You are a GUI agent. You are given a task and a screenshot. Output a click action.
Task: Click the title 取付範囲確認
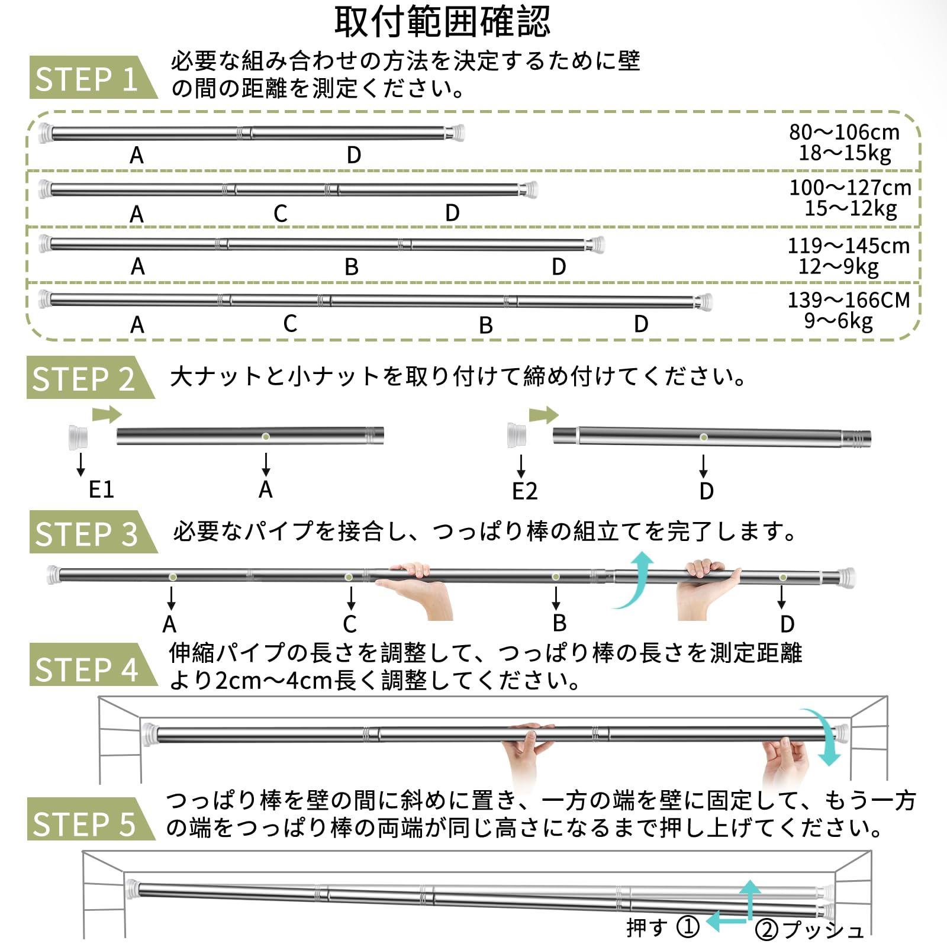(442, 22)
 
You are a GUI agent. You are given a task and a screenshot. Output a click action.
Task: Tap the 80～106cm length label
(844, 132)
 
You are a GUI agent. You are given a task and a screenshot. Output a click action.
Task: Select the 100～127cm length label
(850, 188)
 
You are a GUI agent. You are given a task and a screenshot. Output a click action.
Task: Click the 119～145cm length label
(848, 246)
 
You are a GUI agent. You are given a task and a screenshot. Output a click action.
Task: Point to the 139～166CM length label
(848, 300)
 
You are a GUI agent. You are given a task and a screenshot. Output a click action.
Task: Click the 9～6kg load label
(838, 321)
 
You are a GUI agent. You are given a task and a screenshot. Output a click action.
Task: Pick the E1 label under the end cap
(101, 490)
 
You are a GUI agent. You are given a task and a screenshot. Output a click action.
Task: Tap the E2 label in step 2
(524, 491)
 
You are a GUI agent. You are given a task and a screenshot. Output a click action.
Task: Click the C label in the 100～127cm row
(281, 214)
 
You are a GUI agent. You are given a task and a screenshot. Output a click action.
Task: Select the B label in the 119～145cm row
(352, 268)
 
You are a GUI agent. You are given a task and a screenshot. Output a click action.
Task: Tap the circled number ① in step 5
(688, 927)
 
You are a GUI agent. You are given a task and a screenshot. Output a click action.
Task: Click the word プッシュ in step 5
(823, 930)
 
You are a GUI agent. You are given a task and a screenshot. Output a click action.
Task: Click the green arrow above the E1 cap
(107, 414)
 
